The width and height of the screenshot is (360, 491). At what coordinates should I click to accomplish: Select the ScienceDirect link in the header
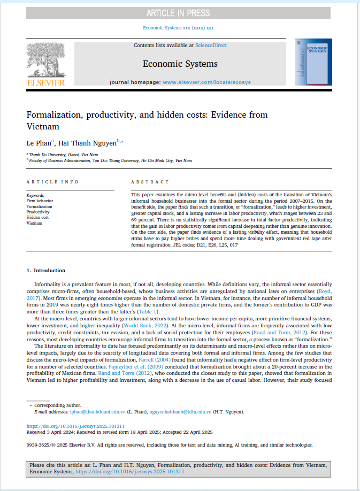[211, 46]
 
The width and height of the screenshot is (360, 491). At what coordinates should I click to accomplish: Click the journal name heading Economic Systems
[180, 64]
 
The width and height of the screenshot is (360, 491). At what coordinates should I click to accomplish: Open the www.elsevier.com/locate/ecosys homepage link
[206, 82]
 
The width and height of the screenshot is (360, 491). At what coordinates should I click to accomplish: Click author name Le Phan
[39, 143]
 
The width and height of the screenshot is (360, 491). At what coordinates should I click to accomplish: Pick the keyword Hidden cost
[38, 217]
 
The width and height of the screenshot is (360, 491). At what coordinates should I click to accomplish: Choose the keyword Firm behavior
[40, 201]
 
